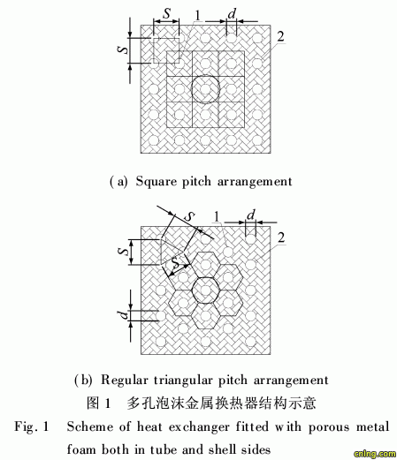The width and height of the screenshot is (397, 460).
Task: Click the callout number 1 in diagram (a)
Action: coord(197,15)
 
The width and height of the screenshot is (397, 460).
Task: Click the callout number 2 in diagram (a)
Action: coord(280,36)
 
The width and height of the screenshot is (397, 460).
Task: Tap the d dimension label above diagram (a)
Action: coord(233,13)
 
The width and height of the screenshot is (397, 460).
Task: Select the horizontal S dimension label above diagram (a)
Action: coord(167,13)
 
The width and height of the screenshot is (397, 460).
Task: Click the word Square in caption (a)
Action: coord(156,182)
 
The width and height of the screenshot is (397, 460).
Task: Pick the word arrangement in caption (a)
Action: coord(255,181)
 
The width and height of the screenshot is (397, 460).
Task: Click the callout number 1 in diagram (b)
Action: coord(217,217)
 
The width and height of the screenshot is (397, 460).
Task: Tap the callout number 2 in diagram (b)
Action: coord(281,238)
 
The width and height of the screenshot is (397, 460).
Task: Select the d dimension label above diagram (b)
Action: coord(251,215)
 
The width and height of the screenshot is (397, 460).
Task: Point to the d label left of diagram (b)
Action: coord(125,315)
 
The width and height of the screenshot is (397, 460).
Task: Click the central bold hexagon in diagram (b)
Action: coord(193,290)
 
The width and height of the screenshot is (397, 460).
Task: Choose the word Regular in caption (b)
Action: coord(125,380)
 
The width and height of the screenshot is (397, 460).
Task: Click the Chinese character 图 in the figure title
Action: coord(93,403)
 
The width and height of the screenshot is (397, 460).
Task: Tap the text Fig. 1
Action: coord(32,426)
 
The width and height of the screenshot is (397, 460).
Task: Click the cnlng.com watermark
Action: coord(375,454)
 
